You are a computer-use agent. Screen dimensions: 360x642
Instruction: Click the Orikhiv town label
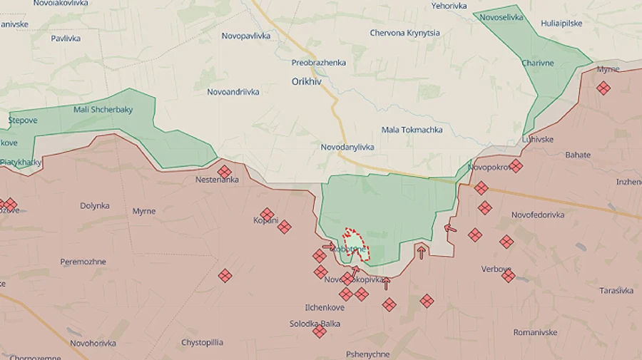click(x=307, y=81)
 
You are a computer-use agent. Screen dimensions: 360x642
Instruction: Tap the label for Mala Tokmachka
click(x=412, y=130)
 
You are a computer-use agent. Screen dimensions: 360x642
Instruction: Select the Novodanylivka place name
click(x=347, y=147)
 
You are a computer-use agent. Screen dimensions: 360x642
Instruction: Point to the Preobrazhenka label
click(x=318, y=63)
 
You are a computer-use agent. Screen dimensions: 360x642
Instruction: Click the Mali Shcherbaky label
click(x=103, y=109)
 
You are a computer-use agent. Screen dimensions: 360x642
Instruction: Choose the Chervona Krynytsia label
click(x=404, y=33)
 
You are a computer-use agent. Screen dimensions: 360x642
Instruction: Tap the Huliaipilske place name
click(x=561, y=24)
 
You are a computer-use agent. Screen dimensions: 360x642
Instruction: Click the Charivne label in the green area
click(x=537, y=63)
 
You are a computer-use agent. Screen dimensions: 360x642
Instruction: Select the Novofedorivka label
click(x=538, y=215)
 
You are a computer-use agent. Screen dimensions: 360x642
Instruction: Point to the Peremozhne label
click(x=83, y=262)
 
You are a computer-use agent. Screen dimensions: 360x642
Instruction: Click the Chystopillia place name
click(x=202, y=343)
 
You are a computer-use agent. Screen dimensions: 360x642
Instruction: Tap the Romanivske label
click(x=535, y=332)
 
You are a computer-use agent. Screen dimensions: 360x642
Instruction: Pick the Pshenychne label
click(x=367, y=354)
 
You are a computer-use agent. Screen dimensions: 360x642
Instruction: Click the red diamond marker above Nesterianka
click(x=225, y=171)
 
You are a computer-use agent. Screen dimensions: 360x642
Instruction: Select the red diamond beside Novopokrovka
click(x=516, y=165)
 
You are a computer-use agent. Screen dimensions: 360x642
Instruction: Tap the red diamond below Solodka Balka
click(x=320, y=331)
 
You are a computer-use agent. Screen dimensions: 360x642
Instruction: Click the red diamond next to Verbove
click(x=508, y=275)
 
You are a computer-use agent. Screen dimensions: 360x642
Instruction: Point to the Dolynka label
click(x=95, y=206)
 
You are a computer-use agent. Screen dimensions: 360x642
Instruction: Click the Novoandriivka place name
click(x=233, y=92)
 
